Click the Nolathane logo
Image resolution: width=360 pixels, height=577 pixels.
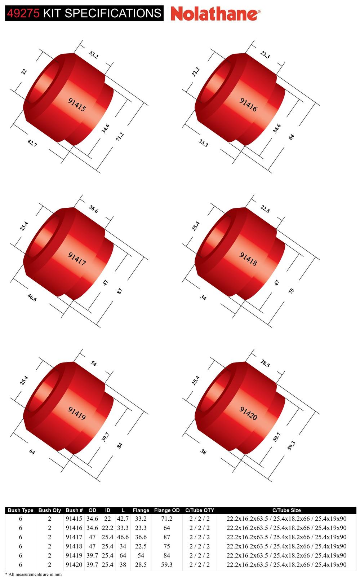(215, 14)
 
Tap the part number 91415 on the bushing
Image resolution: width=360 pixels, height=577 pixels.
(77, 104)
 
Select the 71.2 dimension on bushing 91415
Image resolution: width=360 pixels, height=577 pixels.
(120, 137)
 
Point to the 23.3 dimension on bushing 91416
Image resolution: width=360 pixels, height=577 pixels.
(265, 55)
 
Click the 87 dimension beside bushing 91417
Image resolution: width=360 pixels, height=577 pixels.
(120, 291)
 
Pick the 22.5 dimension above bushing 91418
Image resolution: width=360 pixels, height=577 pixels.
(265, 209)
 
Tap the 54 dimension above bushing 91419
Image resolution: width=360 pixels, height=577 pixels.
(93, 364)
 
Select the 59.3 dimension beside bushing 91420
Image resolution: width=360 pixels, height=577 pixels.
(291, 445)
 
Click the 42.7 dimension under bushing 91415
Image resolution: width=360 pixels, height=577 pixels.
(32, 143)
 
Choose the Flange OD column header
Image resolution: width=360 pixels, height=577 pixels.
(166, 510)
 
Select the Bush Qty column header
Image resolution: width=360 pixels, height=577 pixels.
(50, 510)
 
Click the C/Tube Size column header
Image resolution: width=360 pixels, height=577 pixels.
(286, 510)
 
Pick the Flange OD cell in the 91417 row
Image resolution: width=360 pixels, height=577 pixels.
(166, 537)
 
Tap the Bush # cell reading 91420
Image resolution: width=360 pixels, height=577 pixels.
(74, 564)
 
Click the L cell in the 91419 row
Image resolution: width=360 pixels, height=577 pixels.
(123, 555)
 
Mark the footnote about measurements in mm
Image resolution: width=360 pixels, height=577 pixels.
(33, 574)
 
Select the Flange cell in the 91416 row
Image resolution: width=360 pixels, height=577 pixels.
(141, 528)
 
